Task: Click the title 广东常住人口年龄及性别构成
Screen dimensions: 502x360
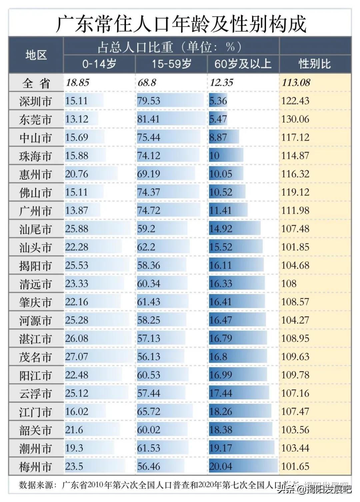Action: tap(180, 24)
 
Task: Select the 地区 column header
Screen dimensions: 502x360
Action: tap(36, 55)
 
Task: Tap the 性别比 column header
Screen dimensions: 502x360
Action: tap(315, 64)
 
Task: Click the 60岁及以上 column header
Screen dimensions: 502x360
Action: tap(243, 64)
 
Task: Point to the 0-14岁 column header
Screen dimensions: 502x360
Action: tap(99, 64)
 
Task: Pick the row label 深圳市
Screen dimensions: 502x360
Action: tap(36, 101)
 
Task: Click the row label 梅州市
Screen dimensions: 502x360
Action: tap(36, 467)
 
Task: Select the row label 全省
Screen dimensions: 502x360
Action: tap(36, 83)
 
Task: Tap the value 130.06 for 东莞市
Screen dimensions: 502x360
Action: tap(295, 119)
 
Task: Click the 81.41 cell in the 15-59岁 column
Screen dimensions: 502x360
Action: tap(149, 119)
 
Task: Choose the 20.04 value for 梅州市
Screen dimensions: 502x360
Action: tap(221, 466)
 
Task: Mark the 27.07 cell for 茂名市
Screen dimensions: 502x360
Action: tap(77, 357)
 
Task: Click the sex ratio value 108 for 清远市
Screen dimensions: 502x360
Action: tap(289, 284)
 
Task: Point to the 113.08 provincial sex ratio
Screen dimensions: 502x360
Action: tap(296, 82)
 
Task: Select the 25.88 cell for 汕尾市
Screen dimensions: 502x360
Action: tap(77, 229)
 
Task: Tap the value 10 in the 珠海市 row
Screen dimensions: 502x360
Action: tap(215, 156)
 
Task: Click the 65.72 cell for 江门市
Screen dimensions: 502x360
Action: tap(149, 412)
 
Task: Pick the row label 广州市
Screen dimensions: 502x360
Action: tap(36, 211)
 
